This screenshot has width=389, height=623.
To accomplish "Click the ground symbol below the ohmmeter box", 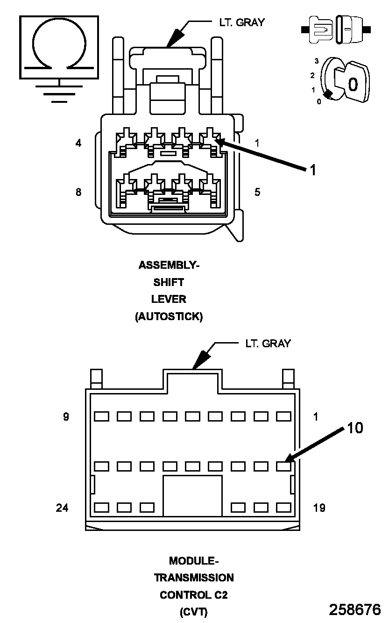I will pyautogui.click(x=59, y=94).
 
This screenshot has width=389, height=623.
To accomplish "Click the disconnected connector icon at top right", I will pyautogui.click(x=336, y=30).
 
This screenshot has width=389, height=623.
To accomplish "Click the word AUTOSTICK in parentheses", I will pyautogui.click(x=169, y=316).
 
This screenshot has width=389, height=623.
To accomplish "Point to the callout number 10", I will pyautogui.click(x=355, y=428).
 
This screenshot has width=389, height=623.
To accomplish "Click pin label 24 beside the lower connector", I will pyautogui.click(x=62, y=507).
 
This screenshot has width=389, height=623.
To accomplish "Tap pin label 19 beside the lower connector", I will pyautogui.click(x=319, y=507).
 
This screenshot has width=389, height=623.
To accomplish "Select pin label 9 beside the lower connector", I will pyautogui.click(x=66, y=416).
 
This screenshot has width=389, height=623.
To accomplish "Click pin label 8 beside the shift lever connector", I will pyautogui.click(x=78, y=192).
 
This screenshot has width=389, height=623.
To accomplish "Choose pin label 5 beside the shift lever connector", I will pyautogui.click(x=257, y=192).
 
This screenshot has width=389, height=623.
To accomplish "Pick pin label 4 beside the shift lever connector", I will pyautogui.click(x=78, y=143).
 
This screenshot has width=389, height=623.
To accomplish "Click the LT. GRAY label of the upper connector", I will pyautogui.click(x=241, y=22).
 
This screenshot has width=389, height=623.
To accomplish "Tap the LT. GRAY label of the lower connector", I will pyautogui.click(x=268, y=344).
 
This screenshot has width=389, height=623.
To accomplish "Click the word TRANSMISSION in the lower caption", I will pyautogui.click(x=194, y=577).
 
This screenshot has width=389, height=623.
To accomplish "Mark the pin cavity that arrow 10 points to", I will pyautogui.click(x=283, y=466).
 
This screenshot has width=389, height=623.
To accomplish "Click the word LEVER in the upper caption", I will pyautogui.click(x=169, y=299).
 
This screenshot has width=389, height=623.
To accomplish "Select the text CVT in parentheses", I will pyautogui.click(x=194, y=612).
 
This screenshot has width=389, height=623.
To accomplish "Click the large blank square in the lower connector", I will pyautogui.click(x=192, y=496).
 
